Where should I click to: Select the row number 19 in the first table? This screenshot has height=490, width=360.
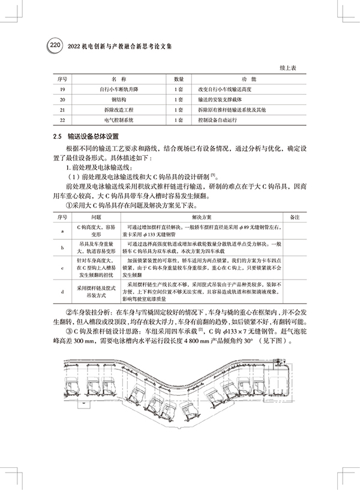[x=62, y=89]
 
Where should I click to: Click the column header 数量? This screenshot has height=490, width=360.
[x=178, y=79]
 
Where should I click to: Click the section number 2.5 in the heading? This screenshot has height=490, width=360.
[x=58, y=136]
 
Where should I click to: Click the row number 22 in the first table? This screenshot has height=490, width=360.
[x=62, y=120]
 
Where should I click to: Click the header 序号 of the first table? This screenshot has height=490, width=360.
[x=62, y=79]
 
